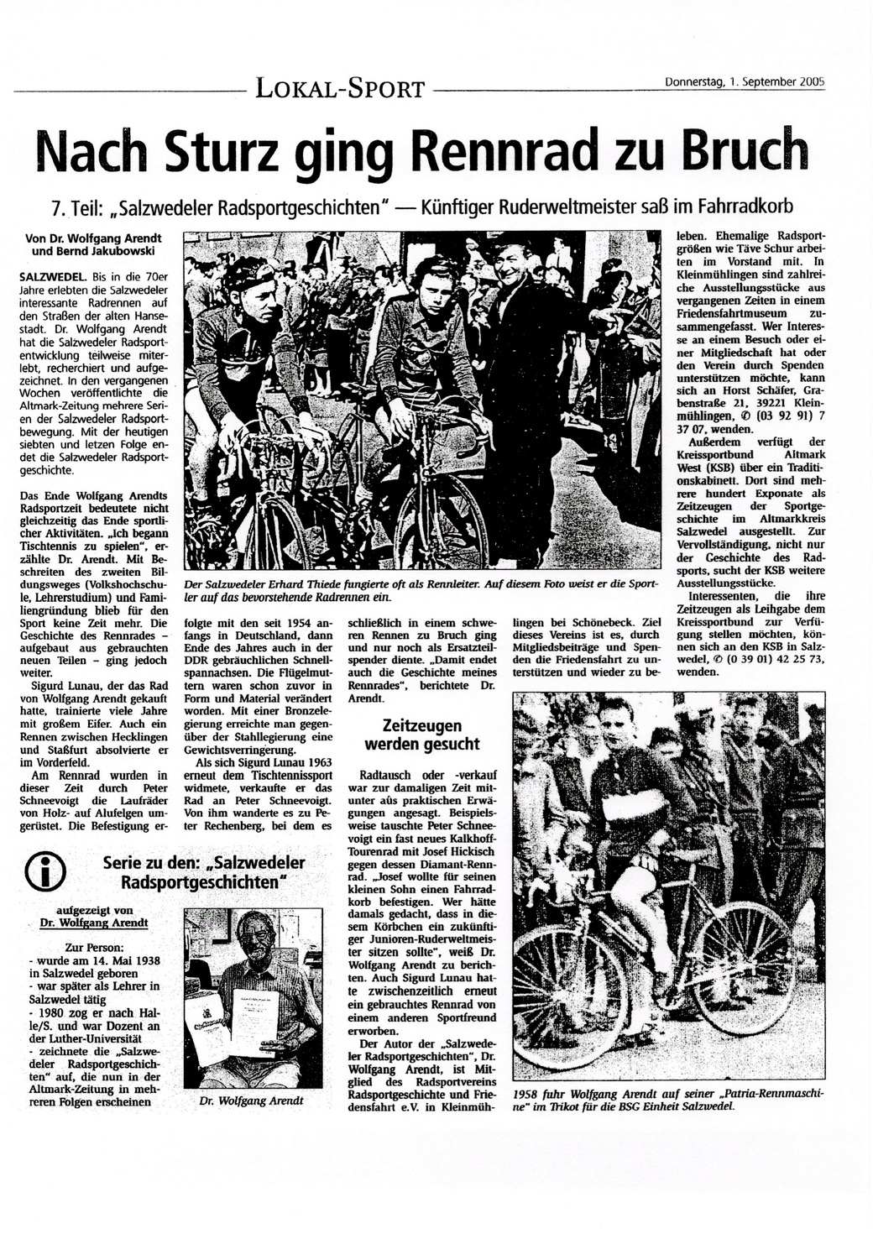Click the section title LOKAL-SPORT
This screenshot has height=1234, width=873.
pos(341,86)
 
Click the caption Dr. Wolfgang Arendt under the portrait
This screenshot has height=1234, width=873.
pos(251,1101)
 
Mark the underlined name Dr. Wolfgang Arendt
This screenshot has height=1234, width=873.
pos(93,923)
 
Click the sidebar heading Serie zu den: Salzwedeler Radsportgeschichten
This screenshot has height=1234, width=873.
pos(204,872)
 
